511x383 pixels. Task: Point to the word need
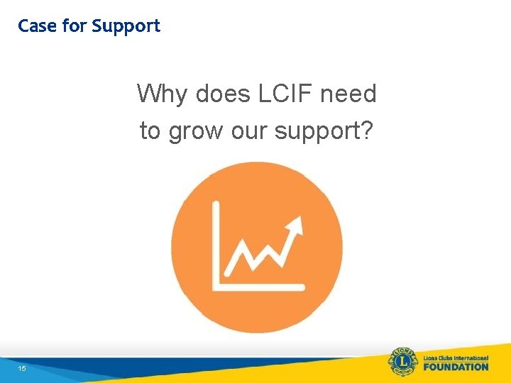tap(350, 94)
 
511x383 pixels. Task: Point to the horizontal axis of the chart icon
tap(259, 287)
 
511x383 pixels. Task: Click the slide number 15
tap(22, 369)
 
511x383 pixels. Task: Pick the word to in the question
tap(150, 131)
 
